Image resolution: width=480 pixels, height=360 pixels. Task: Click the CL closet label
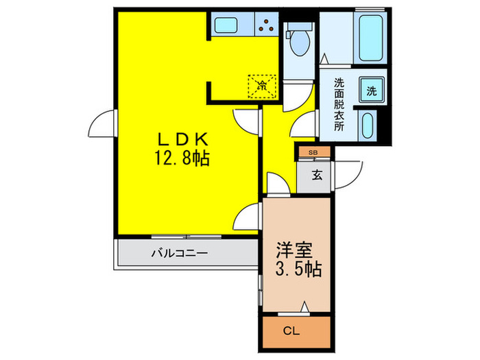tap(292, 331)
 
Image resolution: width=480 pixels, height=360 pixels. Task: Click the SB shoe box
tap(313, 152)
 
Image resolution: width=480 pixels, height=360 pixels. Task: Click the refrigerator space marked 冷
tap(261, 85)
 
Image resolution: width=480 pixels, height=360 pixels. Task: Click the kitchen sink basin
tap(225, 25)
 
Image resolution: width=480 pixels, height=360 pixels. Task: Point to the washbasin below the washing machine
tap(368, 124)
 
